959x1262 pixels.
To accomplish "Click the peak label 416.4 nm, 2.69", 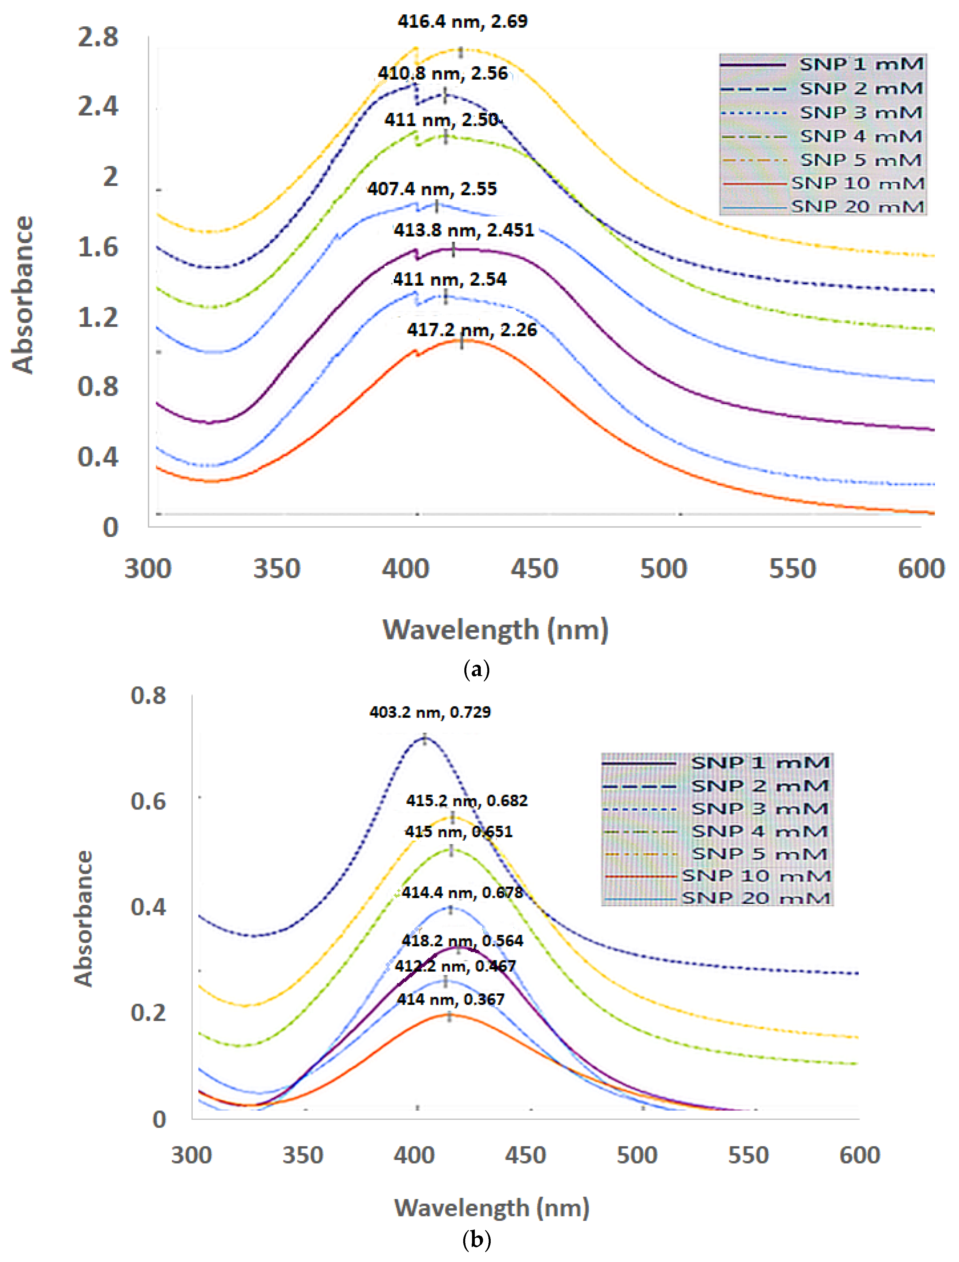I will pyautogui.click(x=462, y=22).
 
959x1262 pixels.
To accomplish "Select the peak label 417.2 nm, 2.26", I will pyautogui.click(x=471, y=330).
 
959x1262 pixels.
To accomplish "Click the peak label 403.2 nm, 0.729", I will pyautogui.click(x=430, y=712).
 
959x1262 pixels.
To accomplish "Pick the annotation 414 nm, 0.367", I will pyautogui.click(x=450, y=999).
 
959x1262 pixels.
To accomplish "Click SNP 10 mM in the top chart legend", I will pyautogui.click(x=857, y=183).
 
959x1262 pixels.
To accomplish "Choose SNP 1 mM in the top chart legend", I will pyautogui.click(x=861, y=64).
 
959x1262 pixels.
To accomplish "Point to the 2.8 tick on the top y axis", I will pyautogui.click(x=98, y=38).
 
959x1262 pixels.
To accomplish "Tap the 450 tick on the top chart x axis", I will pyautogui.click(x=534, y=569).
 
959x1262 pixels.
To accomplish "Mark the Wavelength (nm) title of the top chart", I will pyautogui.click(x=495, y=630).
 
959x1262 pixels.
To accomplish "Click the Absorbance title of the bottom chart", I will pyautogui.click(x=83, y=918).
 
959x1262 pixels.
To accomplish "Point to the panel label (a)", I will pyautogui.click(x=477, y=668).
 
